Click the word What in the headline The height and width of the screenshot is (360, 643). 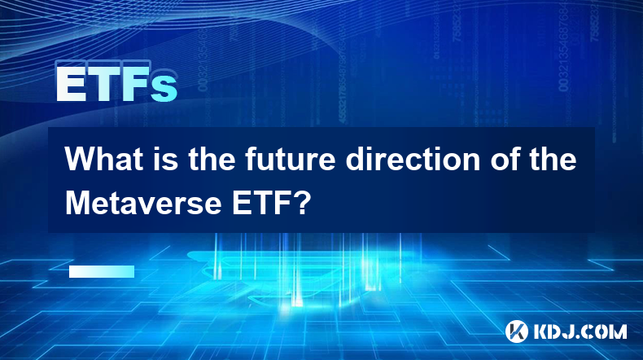tap(105, 160)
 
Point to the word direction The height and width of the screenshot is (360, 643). tap(413, 160)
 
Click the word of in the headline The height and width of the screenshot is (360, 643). tap(505, 160)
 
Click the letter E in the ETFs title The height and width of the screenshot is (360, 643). tap(71, 85)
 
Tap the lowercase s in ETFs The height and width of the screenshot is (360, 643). tap(164, 88)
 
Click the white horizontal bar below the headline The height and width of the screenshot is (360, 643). tap(102, 272)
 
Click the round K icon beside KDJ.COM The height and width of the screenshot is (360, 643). tap(517, 331)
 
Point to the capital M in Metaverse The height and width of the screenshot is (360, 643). tap(78, 203)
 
